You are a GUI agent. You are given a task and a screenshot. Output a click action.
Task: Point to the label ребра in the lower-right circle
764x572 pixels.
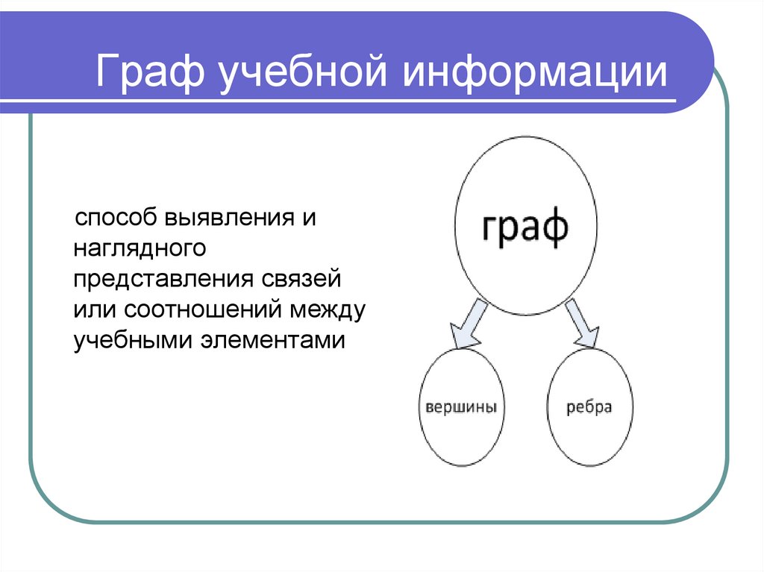coord(589,408)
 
